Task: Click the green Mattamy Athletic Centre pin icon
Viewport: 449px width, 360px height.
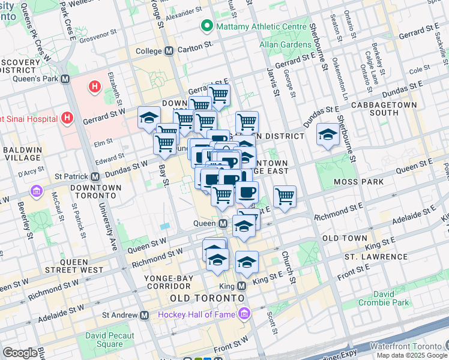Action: (x=208, y=26)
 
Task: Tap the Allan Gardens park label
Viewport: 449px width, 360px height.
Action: (x=282, y=45)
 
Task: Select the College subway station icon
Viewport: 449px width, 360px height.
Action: (x=169, y=52)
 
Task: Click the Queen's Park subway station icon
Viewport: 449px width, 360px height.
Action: (x=65, y=79)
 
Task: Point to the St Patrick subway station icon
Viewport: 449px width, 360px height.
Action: (x=95, y=176)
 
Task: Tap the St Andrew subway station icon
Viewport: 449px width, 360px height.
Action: (x=144, y=314)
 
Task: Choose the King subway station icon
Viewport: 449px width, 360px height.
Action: (x=241, y=287)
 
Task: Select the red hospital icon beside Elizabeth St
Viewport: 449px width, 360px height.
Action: (x=94, y=88)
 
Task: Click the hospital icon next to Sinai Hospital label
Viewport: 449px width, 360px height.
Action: (x=67, y=117)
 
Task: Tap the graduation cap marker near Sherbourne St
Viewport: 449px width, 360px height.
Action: (x=328, y=135)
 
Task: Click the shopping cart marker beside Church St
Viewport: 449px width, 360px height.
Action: (x=285, y=196)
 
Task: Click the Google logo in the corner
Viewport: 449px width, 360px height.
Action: (x=20, y=353)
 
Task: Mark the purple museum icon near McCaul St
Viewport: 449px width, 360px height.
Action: (x=35, y=193)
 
